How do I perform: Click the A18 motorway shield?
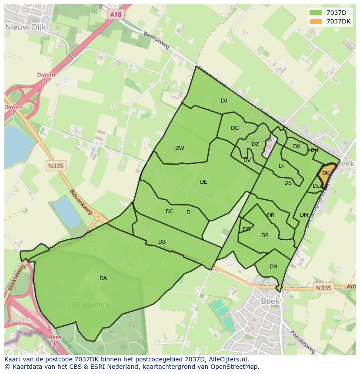pyautogui.click(x=116, y=15)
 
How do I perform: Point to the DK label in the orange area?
pyautogui.click(x=326, y=173)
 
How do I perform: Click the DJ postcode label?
pyautogui.click(x=224, y=101)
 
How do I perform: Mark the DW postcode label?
pyautogui.click(x=180, y=148)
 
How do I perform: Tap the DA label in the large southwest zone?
pyautogui.click(x=103, y=278)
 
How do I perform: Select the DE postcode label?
pyautogui.click(x=203, y=182)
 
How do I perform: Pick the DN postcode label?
pyautogui.click(x=273, y=267)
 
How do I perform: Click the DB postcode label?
pyautogui.click(x=162, y=242)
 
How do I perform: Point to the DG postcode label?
pyautogui.click(x=235, y=128)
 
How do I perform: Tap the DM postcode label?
pyautogui.click(x=304, y=215)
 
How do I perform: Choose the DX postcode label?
pyautogui.click(x=297, y=146)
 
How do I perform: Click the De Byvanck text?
pyautogui.click(x=91, y=305)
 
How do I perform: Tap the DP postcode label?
pyautogui.click(x=265, y=235)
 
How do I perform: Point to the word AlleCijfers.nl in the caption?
pyautogui.click(x=227, y=359)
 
